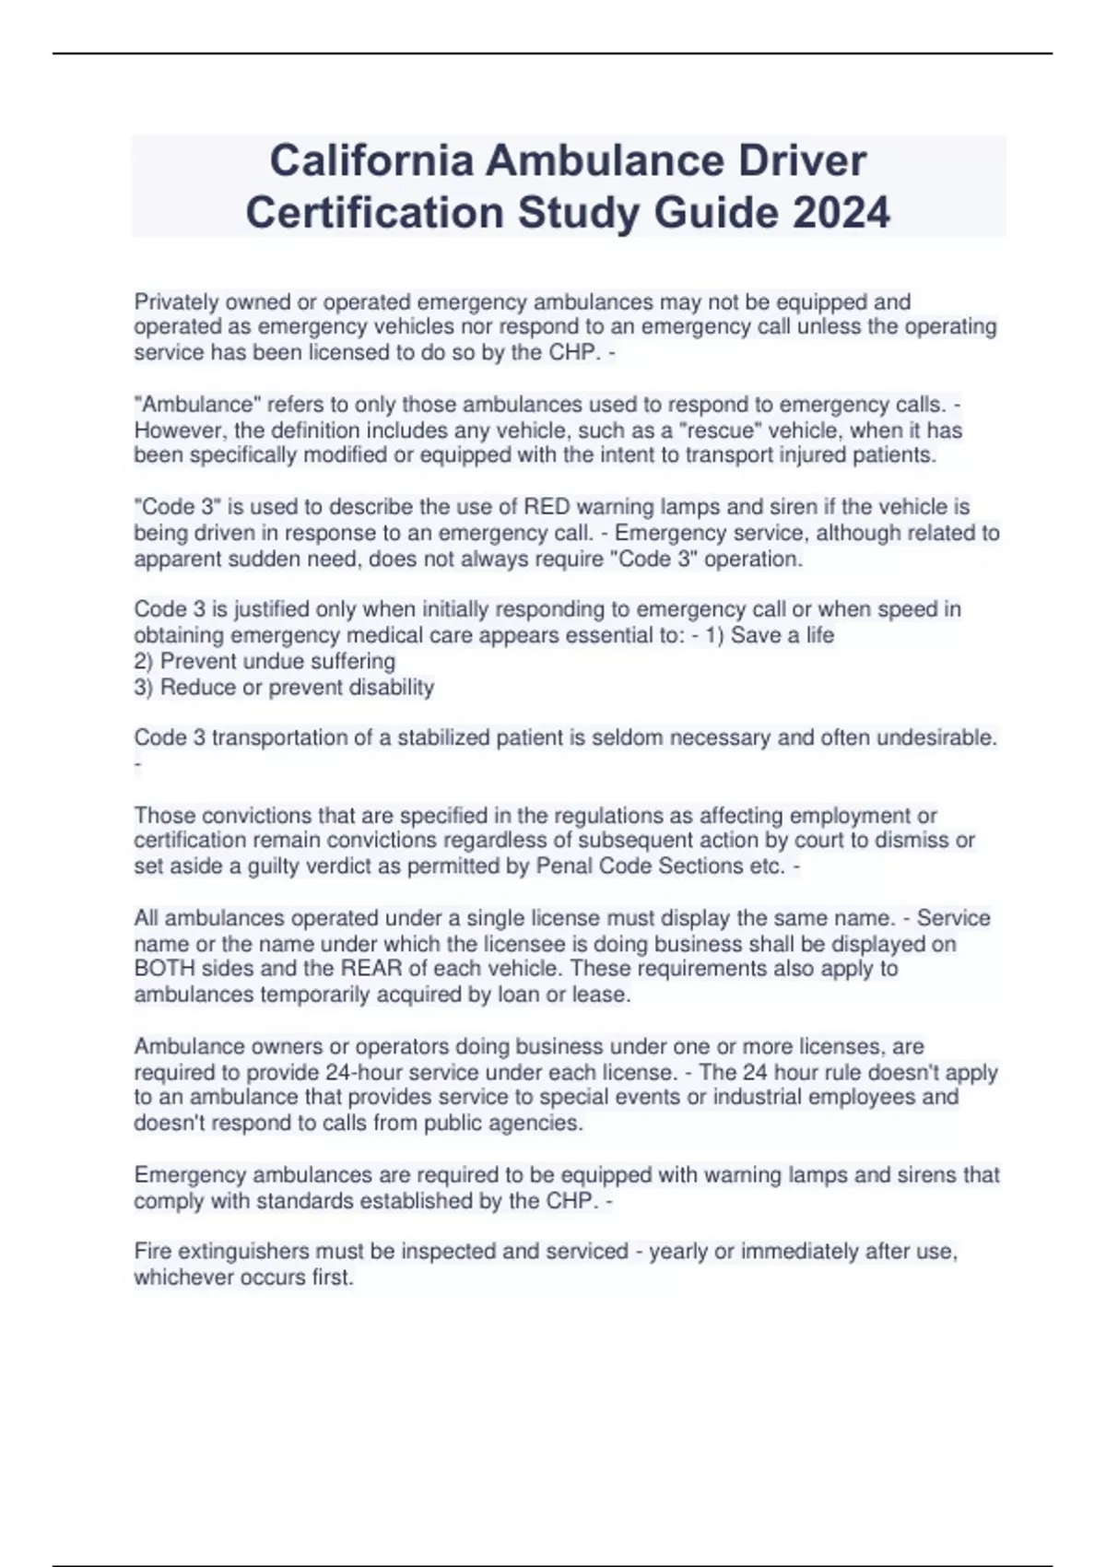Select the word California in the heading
pos(371,160)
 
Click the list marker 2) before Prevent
pos(144,661)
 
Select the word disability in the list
pos(391,687)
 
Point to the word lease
pos(601,995)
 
